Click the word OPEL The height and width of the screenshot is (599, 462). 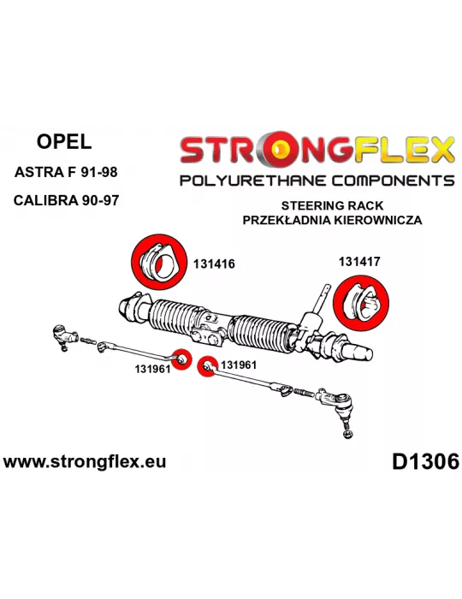coord(64,142)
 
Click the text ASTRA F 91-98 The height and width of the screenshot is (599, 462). coord(66,172)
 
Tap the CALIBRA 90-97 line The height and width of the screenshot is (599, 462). coord(66,199)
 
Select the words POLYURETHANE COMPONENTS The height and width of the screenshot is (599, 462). coord(317,181)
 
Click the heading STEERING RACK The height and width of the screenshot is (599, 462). coord(332,205)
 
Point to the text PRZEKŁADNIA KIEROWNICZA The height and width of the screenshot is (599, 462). coord(332,220)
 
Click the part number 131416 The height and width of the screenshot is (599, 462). coord(214,264)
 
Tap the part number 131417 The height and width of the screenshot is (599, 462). coord(359,261)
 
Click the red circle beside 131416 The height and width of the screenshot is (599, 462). coord(159,262)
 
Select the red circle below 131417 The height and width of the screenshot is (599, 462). coord(360,303)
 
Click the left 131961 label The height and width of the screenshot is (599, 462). coord(152,369)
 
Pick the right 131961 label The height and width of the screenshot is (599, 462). coord(238,365)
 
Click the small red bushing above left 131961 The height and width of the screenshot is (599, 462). coord(181,359)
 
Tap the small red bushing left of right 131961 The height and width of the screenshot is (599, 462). coord(207,366)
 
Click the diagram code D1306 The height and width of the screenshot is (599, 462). coord(425,462)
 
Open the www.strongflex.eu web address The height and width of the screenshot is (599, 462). coord(85,461)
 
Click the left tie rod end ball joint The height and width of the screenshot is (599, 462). coord(64,335)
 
